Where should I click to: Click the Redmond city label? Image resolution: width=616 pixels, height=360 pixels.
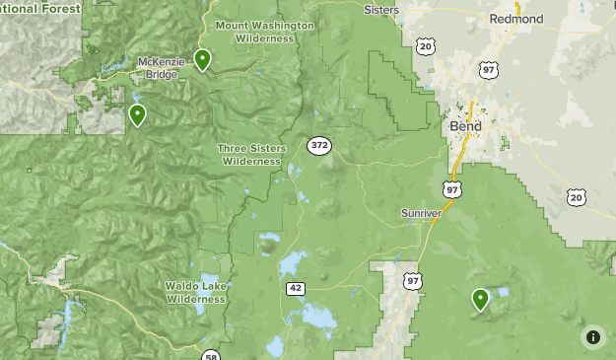pyautogui.click(x=515, y=19)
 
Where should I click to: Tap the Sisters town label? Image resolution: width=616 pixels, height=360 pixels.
pyautogui.click(x=381, y=9)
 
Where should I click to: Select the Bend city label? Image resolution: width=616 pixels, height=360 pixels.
pyautogui.click(x=465, y=126)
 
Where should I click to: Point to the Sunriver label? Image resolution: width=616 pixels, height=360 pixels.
pyautogui.click(x=422, y=213)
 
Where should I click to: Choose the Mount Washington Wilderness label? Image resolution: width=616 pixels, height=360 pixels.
pyautogui.click(x=264, y=32)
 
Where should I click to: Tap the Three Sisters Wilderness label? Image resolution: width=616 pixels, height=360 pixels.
pyautogui.click(x=251, y=154)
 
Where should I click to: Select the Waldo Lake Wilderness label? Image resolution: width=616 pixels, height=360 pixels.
pyautogui.click(x=197, y=291)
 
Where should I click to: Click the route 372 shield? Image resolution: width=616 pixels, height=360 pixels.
pyautogui.click(x=318, y=146)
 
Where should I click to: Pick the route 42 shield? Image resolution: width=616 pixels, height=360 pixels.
pyautogui.click(x=295, y=288)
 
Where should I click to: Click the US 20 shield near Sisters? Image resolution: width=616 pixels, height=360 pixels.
pyautogui.click(x=425, y=46)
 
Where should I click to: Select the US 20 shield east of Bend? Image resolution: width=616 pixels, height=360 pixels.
pyautogui.click(x=577, y=197)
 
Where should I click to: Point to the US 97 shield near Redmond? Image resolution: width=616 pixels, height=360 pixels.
pyautogui.click(x=489, y=70)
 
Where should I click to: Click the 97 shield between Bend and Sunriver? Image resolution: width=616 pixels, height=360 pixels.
pyautogui.click(x=451, y=188)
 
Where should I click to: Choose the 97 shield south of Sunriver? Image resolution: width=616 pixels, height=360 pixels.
pyautogui.click(x=412, y=282)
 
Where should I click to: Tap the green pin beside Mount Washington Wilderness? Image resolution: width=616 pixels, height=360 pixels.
pyautogui.click(x=202, y=60)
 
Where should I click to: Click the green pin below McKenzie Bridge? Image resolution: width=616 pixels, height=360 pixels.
pyautogui.click(x=137, y=115)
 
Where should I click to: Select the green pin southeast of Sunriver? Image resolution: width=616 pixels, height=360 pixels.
pyautogui.click(x=481, y=299)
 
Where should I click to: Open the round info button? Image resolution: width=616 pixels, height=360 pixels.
pyautogui.click(x=592, y=336)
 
